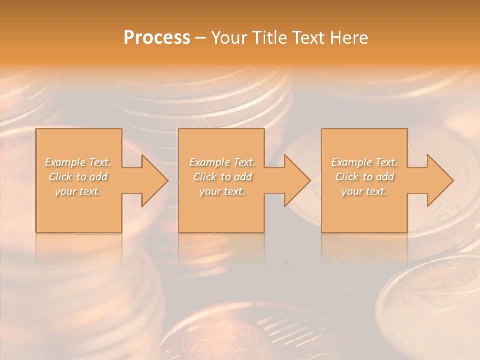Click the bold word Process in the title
(x=157, y=37)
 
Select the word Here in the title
(x=349, y=37)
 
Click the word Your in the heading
(x=229, y=37)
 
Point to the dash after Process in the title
(x=201, y=38)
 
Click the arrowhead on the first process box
(x=155, y=181)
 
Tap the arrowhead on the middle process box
(x=297, y=181)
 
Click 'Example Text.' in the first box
(x=78, y=162)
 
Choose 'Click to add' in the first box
(x=78, y=177)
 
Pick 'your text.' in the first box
(x=78, y=191)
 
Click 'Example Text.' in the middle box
(x=222, y=162)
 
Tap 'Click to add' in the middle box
(x=222, y=177)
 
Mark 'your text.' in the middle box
(x=222, y=191)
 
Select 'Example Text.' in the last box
(x=364, y=162)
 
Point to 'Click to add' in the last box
(x=364, y=177)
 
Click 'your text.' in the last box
(x=364, y=191)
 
